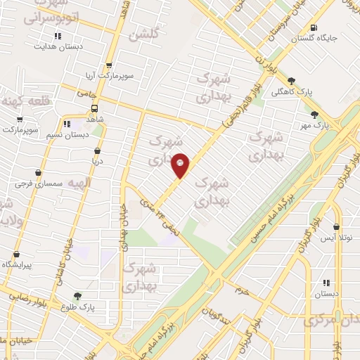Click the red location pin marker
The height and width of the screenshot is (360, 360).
(181, 165)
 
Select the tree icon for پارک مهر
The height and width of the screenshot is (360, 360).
(314, 114)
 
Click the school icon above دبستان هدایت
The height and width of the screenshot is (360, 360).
(57, 36)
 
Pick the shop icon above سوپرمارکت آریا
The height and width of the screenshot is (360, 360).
(107, 64)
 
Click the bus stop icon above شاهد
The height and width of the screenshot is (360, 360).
(95, 108)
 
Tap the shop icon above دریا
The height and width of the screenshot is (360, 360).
(96, 150)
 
